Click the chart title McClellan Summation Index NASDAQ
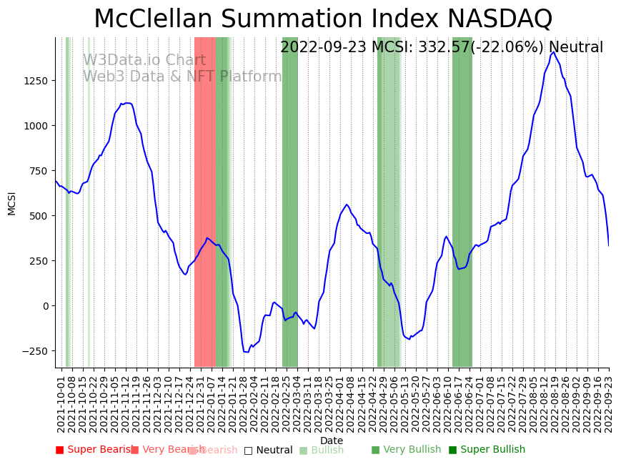323,19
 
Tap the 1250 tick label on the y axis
36,81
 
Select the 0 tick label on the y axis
45,306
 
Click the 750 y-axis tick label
39,171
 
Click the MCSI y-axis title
11,202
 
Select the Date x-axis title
332,441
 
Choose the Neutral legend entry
268,451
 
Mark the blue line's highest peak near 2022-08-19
553,52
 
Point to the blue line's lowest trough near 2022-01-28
246,352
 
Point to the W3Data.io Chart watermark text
144,61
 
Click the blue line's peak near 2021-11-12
127,103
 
